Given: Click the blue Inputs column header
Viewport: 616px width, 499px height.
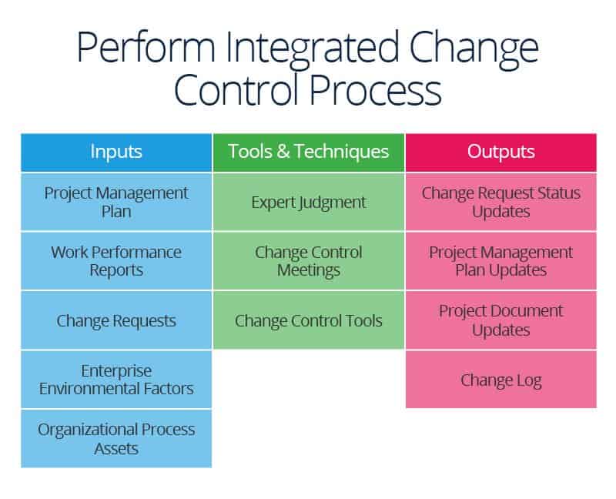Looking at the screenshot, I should (116, 152).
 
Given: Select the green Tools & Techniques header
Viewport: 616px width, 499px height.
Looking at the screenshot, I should (308, 152).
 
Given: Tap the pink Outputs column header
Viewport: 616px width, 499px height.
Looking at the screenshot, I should (500, 152).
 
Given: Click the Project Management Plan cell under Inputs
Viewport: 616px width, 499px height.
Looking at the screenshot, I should (116, 202).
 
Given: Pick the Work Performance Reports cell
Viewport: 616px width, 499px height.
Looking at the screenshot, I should (116, 261).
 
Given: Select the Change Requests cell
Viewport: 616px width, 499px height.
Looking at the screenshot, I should (116, 320).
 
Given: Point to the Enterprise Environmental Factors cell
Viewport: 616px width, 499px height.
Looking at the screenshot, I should (116, 380).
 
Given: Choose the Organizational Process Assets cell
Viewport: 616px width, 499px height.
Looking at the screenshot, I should (116, 438).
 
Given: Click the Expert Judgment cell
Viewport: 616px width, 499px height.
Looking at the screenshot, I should (308, 202).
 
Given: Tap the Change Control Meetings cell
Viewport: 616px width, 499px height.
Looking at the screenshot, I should (308, 261).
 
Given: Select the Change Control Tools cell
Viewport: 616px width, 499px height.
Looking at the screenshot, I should (308, 320).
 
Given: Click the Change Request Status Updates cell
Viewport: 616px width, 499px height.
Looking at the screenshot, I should (500, 202).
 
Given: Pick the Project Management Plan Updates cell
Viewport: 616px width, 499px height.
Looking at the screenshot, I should (500, 261).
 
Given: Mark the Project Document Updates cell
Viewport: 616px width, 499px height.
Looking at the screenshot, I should (500, 320).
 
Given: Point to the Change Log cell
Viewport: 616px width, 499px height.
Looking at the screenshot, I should (500, 380).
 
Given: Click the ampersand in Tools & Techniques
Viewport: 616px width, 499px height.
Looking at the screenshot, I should (281, 152).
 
